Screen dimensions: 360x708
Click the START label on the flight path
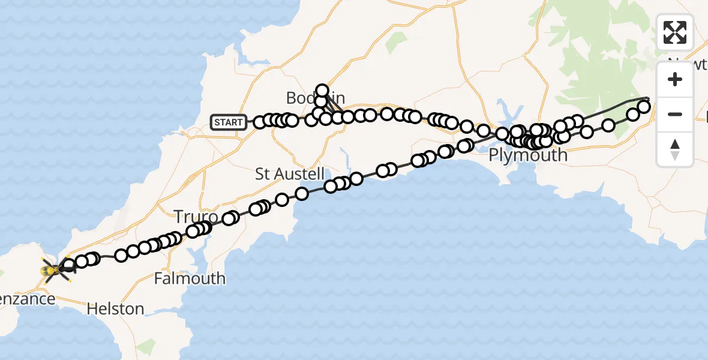tap(229, 123)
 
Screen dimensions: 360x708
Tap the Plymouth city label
tap(528, 155)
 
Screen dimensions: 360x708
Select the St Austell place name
tap(281, 175)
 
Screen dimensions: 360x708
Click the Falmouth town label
tap(190, 278)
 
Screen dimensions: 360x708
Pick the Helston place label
tap(115, 309)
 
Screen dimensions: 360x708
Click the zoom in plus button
tap(675, 80)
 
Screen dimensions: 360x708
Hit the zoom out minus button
tap(675, 114)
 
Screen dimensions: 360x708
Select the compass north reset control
tap(675, 149)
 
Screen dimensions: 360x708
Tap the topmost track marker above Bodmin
tap(322, 91)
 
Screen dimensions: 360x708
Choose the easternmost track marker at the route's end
tap(643, 107)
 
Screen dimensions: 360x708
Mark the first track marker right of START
tap(260, 123)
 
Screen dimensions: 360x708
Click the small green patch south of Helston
tap(145, 346)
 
